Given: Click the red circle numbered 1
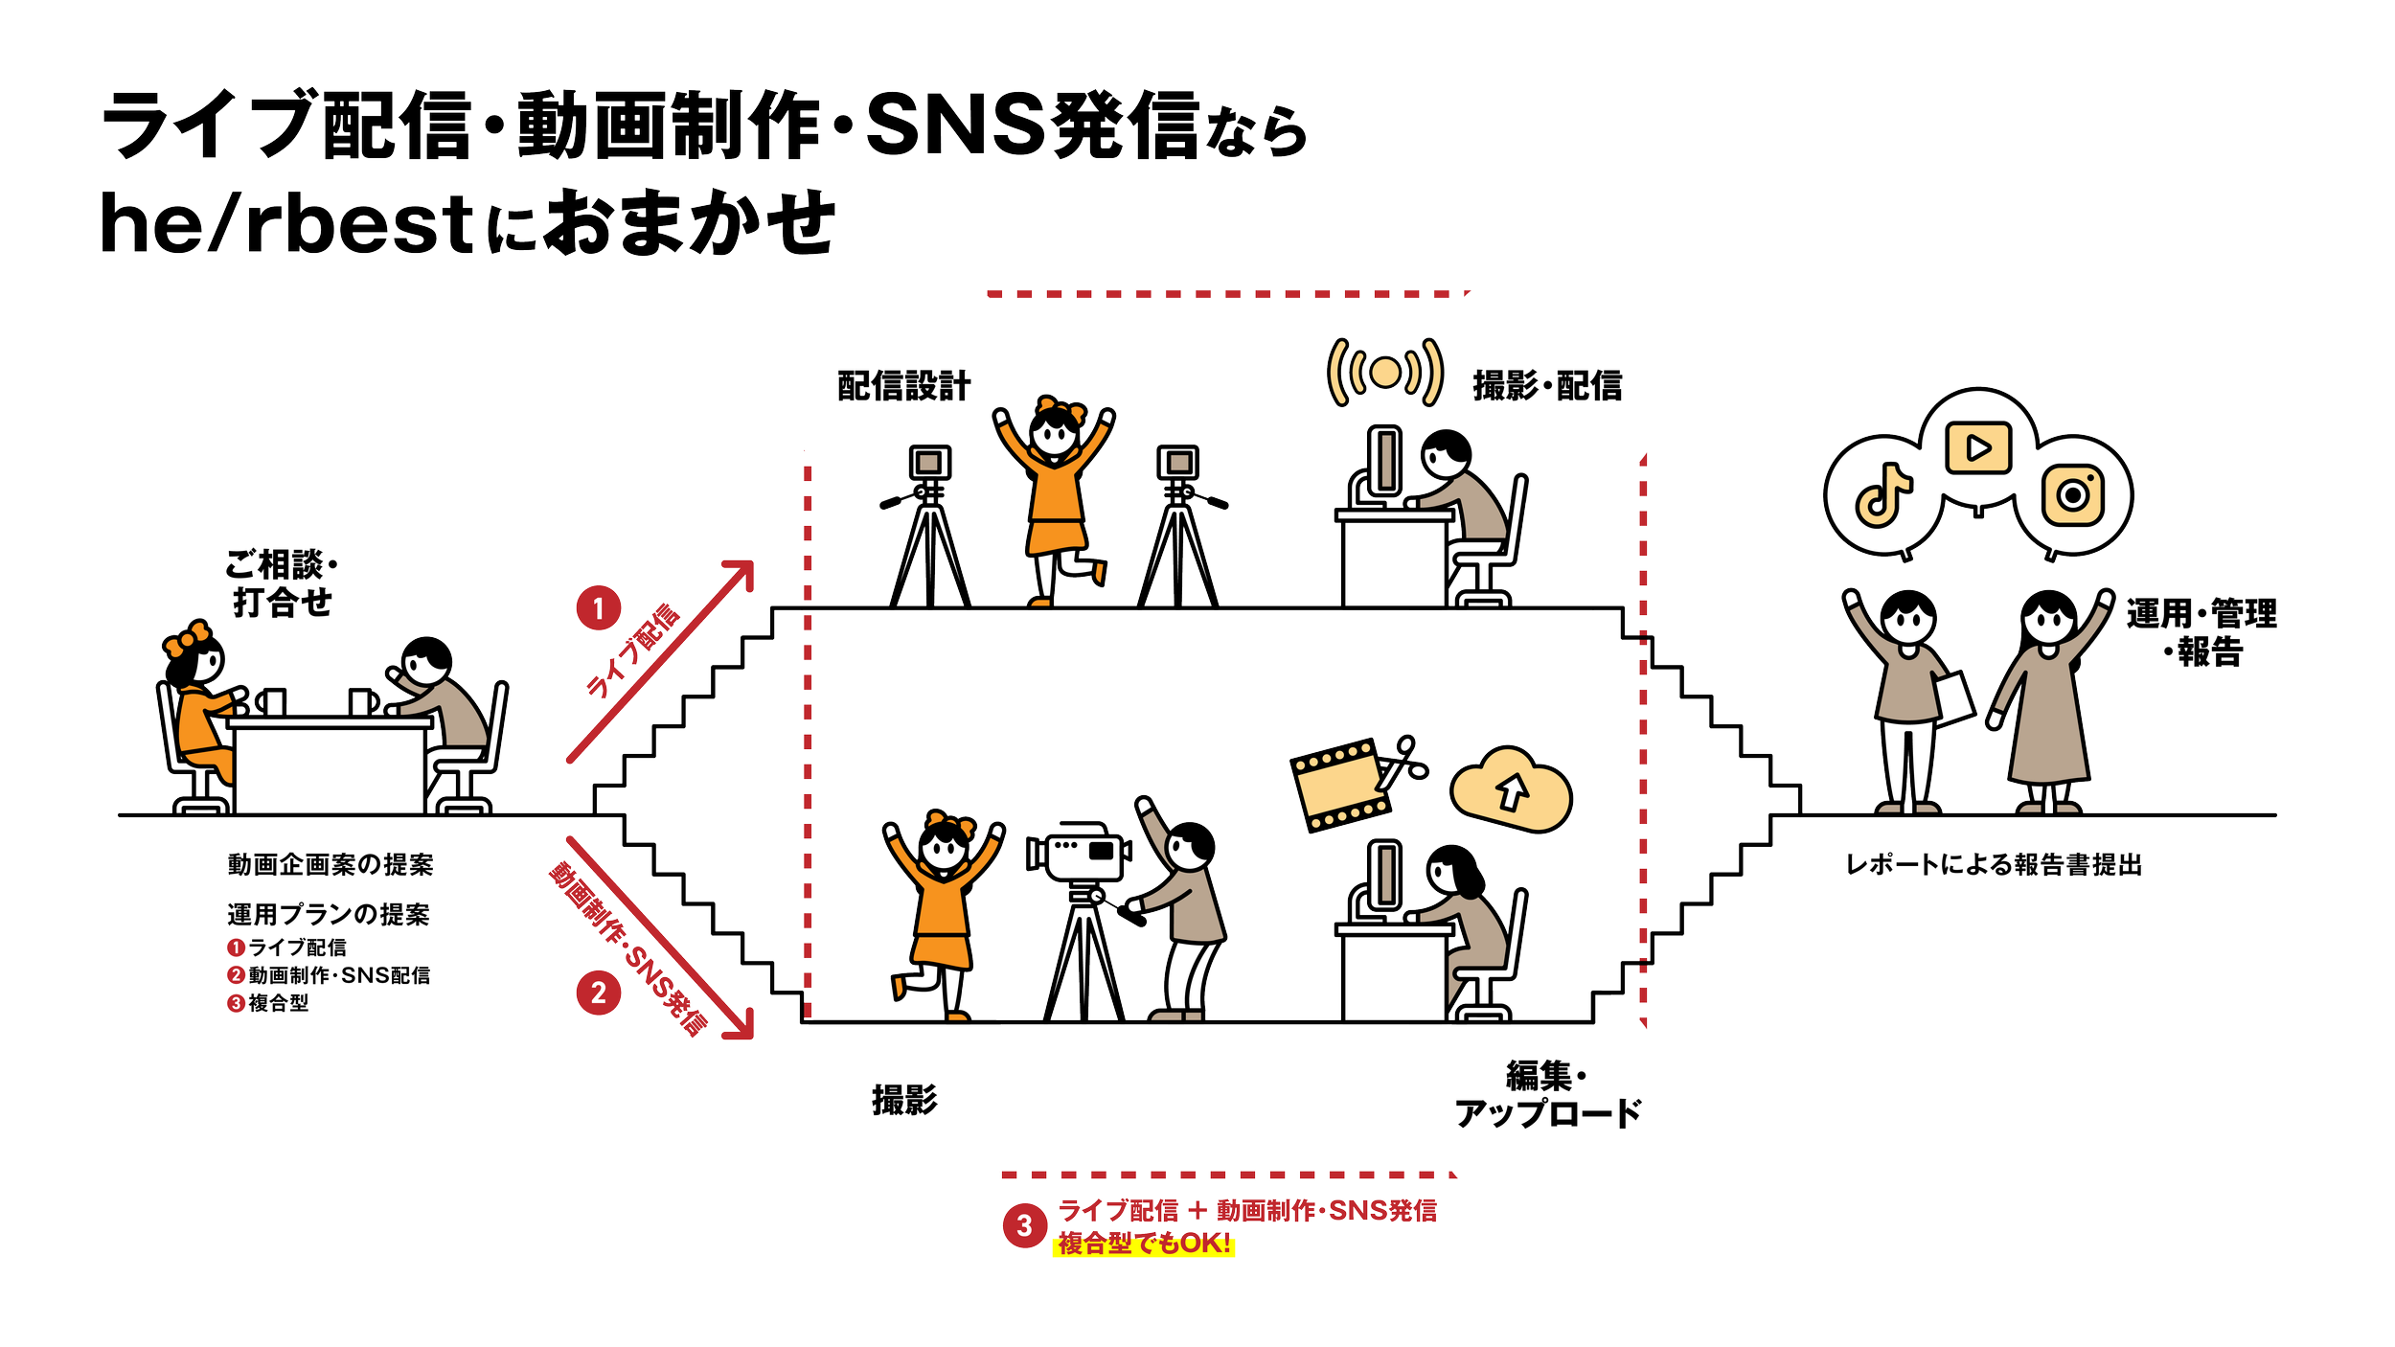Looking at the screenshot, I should click(x=599, y=608).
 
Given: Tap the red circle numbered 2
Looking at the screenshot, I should click(x=599, y=992).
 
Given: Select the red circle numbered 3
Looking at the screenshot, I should click(x=1024, y=1225).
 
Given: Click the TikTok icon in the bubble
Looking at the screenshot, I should click(x=1882, y=495).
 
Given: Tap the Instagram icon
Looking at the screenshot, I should click(x=2072, y=494).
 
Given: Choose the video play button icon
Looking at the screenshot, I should click(x=1978, y=447).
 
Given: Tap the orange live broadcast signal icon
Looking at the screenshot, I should click(x=1384, y=372).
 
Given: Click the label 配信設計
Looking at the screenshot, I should click(x=903, y=386).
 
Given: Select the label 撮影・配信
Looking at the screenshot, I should click(x=1547, y=386).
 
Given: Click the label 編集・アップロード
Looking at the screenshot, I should click(x=1547, y=1095).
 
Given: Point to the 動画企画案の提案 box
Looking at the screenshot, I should click(x=330, y=865).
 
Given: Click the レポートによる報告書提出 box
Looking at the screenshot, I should click(x=1995, y=865).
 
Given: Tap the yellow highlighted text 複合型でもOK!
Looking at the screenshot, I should click(x=1144, y=1244).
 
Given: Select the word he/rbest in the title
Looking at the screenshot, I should click(x=287, y=224).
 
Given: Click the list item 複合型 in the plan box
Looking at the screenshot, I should click(x=278, y=1003).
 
